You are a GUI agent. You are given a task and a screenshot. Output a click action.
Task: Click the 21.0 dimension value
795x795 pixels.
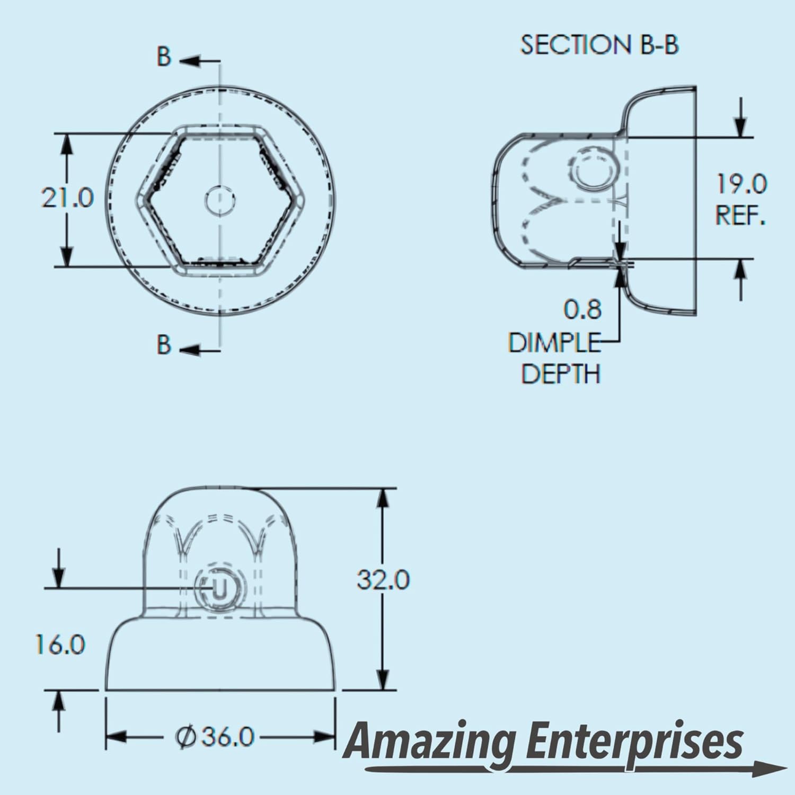pyautogui.click(x=67, y=198)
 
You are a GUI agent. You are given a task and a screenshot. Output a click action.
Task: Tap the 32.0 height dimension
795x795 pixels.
pyautogui.click(x=383, y=579)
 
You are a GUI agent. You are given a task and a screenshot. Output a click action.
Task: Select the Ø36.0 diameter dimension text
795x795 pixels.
pyautogui.click(x=215, y=737)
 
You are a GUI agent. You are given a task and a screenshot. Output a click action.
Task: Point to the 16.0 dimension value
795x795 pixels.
pyautogui.click(x=60, y=644)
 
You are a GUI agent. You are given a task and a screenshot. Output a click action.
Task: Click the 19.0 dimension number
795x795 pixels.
pyautogui.click(x=741, y=184)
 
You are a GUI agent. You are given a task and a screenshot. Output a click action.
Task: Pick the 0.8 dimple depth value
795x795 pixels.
pyautogui.click(x=582, y=310)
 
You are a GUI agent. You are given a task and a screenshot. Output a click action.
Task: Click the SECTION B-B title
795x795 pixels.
pyautogui.click(x=599, y=45)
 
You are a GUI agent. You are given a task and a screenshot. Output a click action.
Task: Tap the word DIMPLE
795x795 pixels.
pyautogui.click(x=554, y=343)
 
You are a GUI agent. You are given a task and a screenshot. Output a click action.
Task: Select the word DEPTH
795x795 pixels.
pyautogui.click(x=561, y=374)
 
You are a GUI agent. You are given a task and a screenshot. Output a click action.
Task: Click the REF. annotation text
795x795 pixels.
pyautogui.click(x=740, y=216)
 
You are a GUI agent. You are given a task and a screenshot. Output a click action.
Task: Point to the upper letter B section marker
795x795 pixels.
pyautogui.click(x=164, y=57)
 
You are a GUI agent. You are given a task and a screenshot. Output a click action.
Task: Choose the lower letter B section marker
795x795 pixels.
pyautogui.click(x=164, y=344)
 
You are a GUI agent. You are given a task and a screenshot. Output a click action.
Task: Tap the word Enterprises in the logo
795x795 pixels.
pyautogui.click(x=635, y=742)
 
